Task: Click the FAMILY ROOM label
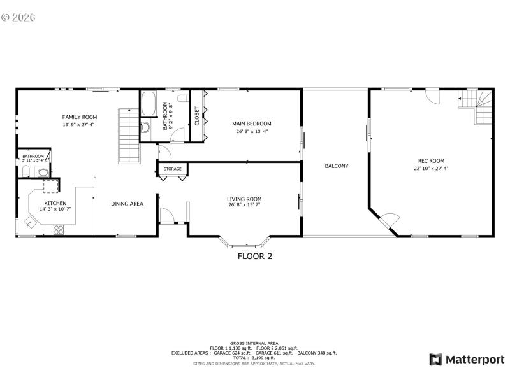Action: (79, 117)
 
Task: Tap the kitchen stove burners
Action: (59, 229)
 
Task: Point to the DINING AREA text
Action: (127, 204)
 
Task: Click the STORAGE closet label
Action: (172, 169)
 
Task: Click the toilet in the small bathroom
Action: (42, 172)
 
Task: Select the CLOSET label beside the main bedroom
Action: (197, 116)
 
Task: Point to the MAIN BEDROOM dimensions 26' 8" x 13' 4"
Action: (252, 132)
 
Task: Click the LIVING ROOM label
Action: (244, 199)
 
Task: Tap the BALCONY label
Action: (336, 166)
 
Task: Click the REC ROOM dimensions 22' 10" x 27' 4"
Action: (431, 169)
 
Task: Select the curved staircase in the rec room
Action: (479, 107)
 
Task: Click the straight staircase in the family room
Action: (128, 135)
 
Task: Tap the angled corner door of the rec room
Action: (388, 221)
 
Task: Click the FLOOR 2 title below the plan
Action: (255, 257)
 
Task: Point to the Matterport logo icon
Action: (435, 360)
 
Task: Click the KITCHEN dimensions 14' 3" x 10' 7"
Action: (55, 209)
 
